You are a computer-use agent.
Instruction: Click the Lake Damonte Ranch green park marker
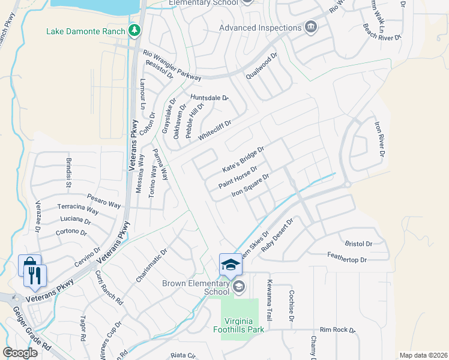[137, 31]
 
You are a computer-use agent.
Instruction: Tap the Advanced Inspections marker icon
[311, 27]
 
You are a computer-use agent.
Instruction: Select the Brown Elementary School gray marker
[240, 286]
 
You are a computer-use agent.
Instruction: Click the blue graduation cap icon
[231, 264]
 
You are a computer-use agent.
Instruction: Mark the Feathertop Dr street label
[347, 260]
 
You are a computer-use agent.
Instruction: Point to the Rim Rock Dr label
[337, 330]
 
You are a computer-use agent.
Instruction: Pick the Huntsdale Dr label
[210, 97]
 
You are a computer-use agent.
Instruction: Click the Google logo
[20, 353]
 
